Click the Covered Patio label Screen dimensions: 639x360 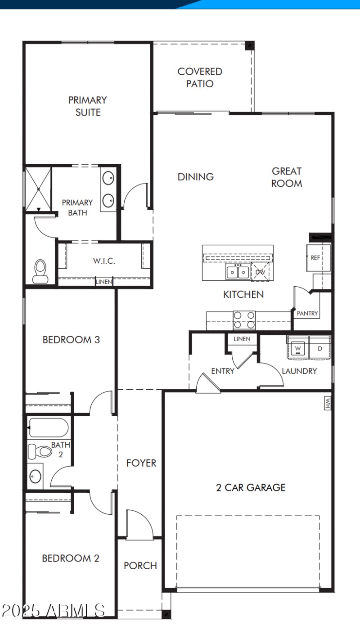pos(200,77)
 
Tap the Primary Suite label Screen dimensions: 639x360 pos(88,106)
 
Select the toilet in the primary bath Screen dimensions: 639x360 pos(40,271)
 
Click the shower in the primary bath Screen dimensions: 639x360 pos(38,189)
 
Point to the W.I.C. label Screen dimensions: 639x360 pos(104,261)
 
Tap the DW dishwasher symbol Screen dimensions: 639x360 pos(260,272)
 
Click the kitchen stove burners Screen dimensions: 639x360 pos(244,320)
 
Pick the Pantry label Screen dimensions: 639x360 pos(307,313)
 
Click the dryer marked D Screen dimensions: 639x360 pos(320,348)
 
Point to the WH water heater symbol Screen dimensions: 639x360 pos(327,403)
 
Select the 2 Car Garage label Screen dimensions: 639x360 pos(251,487)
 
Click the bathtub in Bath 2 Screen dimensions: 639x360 pos(48,427)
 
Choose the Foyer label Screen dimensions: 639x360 pos(141,463)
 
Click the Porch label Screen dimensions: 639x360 pos(140,566)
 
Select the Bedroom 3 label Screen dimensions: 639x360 pos(71,340)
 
